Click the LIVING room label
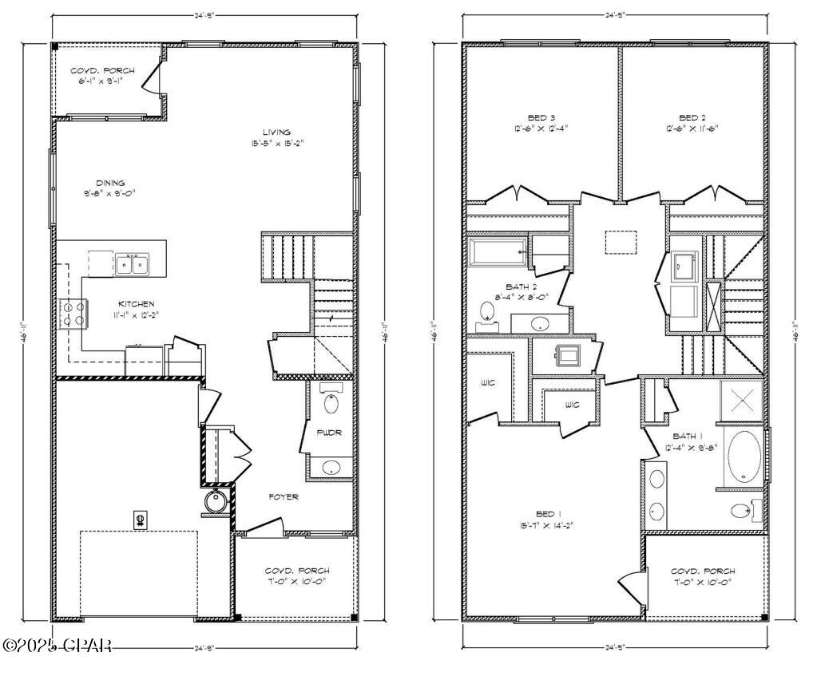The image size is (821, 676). click(277, 132)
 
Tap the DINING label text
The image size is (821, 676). click(110, 183)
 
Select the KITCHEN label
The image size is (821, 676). click(136, 304)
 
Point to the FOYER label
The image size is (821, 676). click(284, 497)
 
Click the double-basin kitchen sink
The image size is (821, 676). click(130, 263)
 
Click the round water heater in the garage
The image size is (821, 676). click(216, 503)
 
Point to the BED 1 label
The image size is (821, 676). click(545, 513)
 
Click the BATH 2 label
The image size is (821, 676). click(521, 287)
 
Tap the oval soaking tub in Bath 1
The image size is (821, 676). click(744, 457)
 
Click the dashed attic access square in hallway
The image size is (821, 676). click(619, 242)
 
